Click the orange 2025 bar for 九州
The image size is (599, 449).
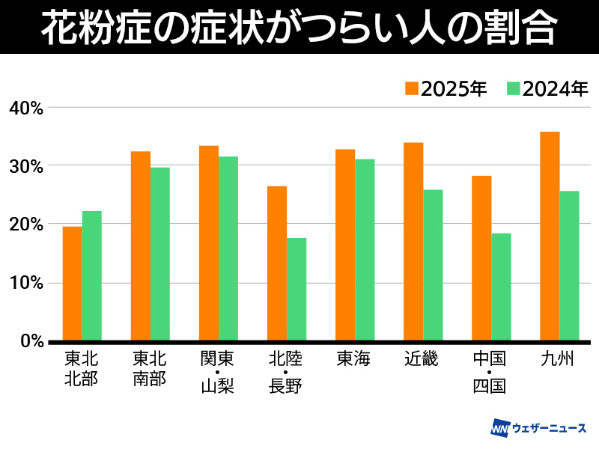pyautogui.click(x=550, y=236)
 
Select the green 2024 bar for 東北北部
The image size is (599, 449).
pyautogui.click(x=92, y=275)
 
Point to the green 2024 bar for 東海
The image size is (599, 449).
pyautogui.click(x=365, y=250)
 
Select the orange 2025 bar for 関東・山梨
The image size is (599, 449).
pyautogui.click(x=209, y=243)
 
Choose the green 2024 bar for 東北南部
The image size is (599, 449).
pyautogui.click(x=160, y=254)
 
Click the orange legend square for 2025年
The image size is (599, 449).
pyautogui.click(x=411, y=88)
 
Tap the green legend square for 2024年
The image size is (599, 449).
pyautogui.click(x=513, y=88)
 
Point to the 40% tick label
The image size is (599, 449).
pyautogui.click(x=26, y=108)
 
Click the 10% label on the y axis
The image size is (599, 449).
pyautogui.click(x=26, y=283)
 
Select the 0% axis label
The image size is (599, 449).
pyautogui.click(x=31, y=341)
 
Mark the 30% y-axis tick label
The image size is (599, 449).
pyautogui.click(x=26, y=166)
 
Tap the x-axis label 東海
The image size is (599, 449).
pyautogui.click(x=354, y=360)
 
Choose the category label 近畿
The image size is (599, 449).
pyautogui.click(x=422, y=360)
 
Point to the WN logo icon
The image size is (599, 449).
pyautogui.click(x=499, y=429)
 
